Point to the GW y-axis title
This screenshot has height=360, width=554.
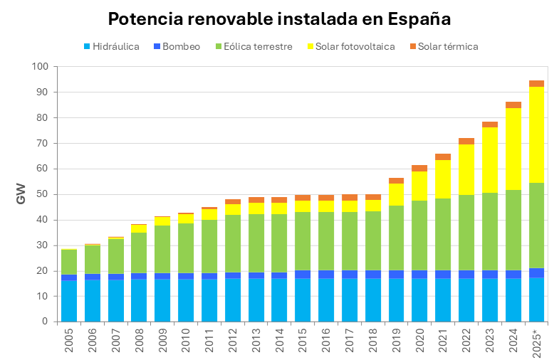pos(21,194)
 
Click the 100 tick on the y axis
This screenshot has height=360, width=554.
pos(40,67)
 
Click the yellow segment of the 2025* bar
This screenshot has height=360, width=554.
pos(536,134)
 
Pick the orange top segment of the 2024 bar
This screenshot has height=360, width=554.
pos(513,105)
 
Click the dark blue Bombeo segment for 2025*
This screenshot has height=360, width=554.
pos(536,273)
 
